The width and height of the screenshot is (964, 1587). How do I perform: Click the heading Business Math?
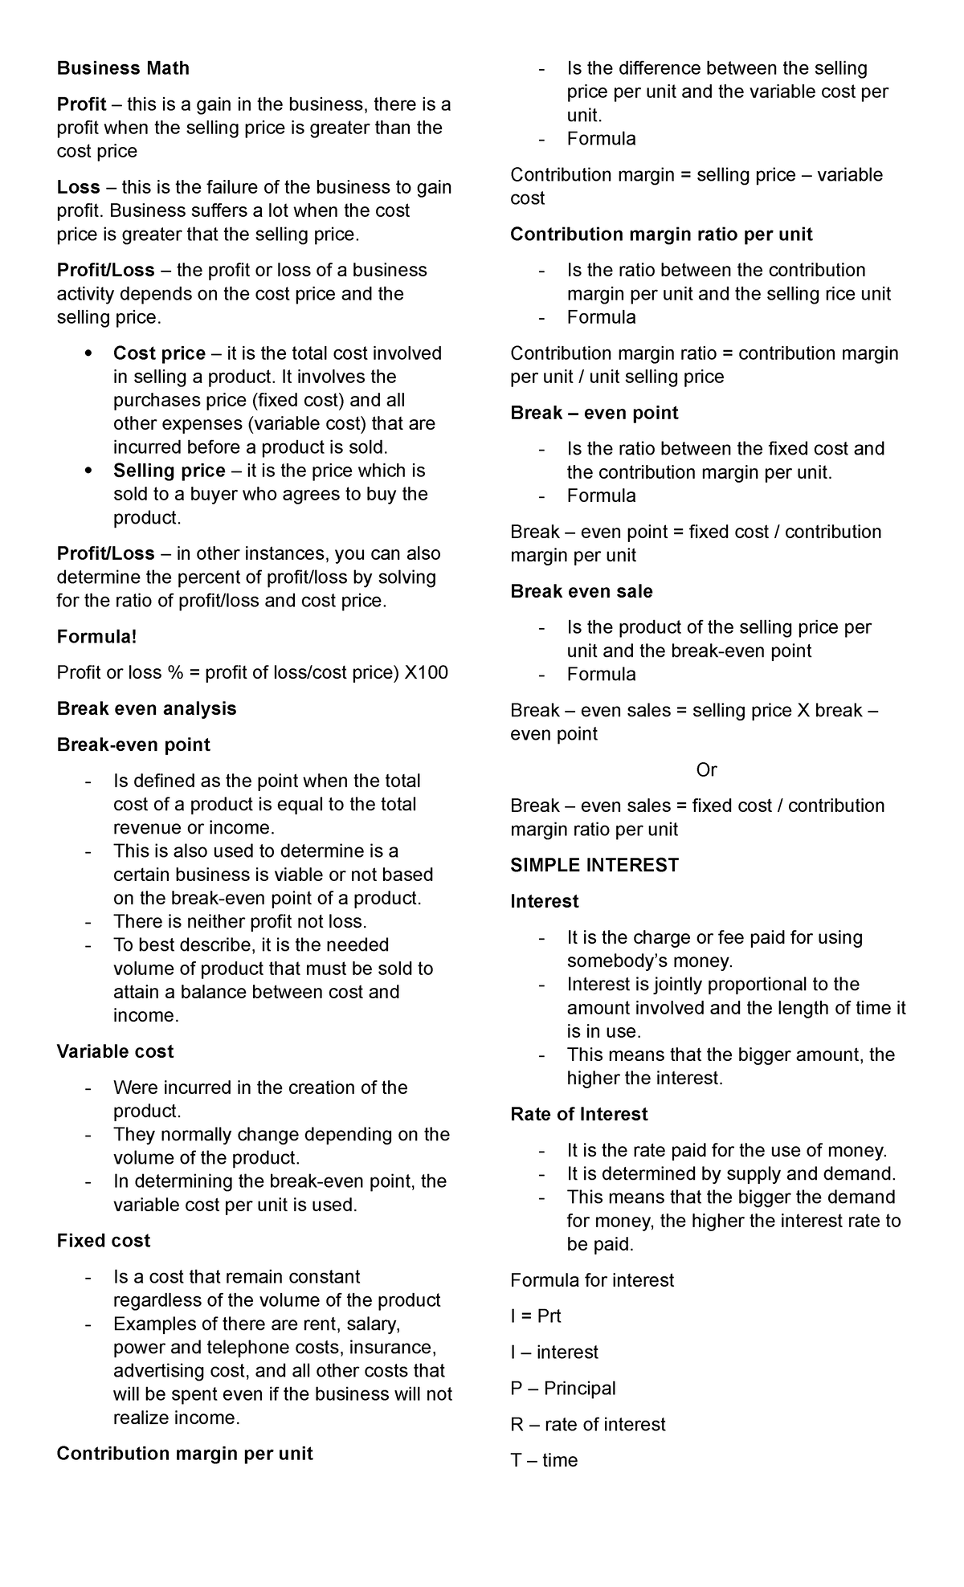[123, 68]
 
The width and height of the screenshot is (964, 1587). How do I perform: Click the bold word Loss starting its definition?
[78, 187]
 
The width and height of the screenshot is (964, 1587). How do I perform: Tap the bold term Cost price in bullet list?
[159, 353]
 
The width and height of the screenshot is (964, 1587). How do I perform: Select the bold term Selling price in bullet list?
[169, 471]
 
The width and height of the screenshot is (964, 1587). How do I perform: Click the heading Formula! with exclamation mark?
[96, 637]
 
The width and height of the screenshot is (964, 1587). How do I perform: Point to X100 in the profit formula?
[426, 673]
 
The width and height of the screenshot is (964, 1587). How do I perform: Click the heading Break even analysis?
[146, 708]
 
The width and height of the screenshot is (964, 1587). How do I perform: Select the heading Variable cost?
[115, 1051]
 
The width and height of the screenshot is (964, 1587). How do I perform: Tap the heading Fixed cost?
[103, 1241]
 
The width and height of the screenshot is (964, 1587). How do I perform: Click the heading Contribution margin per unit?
[184, 1454]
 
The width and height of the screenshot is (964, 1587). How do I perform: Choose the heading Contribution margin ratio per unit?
[661, 235]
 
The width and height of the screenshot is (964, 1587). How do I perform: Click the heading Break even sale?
[581, 591]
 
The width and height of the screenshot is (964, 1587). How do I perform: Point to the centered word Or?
[706, 770]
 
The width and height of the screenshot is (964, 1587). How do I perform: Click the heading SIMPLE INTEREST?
[594, 865]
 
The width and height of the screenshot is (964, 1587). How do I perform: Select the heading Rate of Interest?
[578, 1114]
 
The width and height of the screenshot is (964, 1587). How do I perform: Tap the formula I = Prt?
[535, 1316]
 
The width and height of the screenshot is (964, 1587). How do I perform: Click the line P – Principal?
[562, 1389]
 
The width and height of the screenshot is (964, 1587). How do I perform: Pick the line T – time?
[544, 1460]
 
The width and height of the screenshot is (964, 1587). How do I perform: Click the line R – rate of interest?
[587, 1425]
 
